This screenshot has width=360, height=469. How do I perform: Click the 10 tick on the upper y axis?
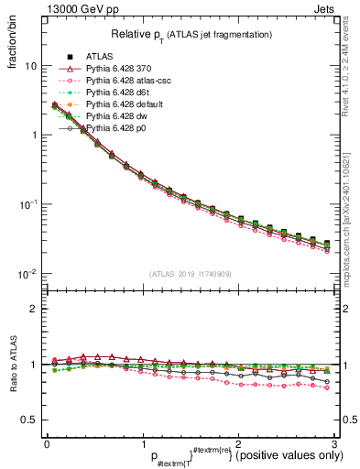click(31, 66)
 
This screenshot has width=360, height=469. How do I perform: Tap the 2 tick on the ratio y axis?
click(33, 309)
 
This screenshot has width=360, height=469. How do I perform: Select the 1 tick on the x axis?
click(143, 442)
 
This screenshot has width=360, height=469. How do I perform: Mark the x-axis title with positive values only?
click(229, 456)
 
